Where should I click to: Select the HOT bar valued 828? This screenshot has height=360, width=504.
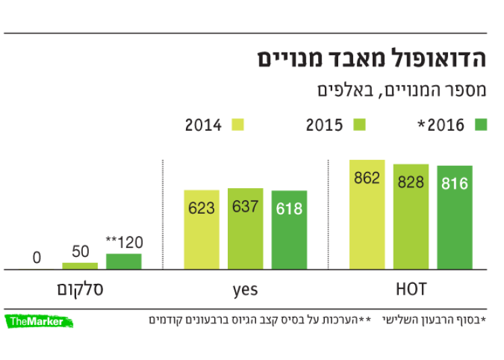[411, 216]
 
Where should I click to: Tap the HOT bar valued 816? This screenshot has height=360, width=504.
[455, 217]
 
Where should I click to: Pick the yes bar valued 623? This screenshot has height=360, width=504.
[201, 229]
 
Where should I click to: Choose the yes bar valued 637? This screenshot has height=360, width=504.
[245, 229]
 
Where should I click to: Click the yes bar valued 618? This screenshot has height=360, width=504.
[289, 230]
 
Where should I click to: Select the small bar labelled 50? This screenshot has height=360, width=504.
[80, 266]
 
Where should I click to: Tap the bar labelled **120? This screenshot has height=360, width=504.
[124, 261]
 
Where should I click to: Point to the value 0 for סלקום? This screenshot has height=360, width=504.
[36, 258]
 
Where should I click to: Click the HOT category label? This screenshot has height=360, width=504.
[411, 290]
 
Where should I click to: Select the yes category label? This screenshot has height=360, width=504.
[245, 290]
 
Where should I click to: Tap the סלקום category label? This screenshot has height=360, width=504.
[80, 290]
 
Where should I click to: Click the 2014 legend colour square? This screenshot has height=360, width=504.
[238, 124]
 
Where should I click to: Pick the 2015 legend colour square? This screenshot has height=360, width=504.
[359, 124]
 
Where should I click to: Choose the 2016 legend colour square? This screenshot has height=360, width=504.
[480, 124]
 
